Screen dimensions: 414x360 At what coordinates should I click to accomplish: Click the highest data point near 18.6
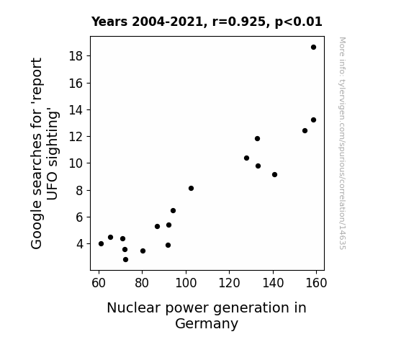[x=313, y=48]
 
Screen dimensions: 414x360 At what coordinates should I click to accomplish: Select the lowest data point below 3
[x=126, y=260]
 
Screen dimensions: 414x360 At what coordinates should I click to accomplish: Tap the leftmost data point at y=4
[x=101, y=244]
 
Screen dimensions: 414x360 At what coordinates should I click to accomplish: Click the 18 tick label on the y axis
[x=76, y=56]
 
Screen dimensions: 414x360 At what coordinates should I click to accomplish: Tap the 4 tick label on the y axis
[x=80, y=244]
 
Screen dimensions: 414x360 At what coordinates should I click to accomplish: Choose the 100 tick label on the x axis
[x=186, y=283]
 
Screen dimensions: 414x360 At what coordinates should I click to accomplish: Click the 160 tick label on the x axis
[x=316, y=283]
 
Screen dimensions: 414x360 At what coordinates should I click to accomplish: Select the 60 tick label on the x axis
[x=99, y=283]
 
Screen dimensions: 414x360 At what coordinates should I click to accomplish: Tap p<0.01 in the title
[x=299, y=22]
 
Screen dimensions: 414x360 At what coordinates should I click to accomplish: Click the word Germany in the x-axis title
[x=207, y=324]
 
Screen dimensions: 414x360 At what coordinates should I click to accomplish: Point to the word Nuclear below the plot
[x=134, y=308]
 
